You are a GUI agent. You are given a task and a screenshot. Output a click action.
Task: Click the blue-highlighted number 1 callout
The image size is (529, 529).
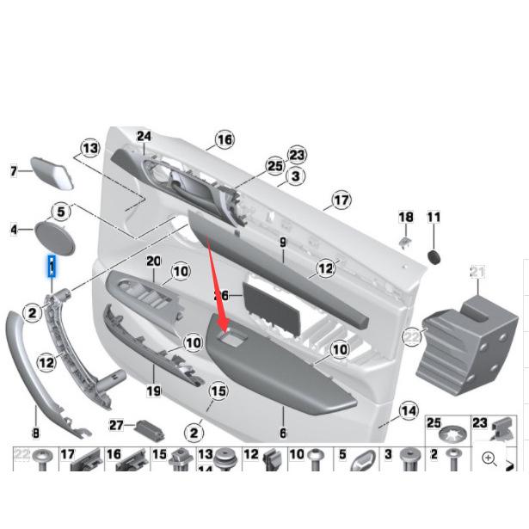[x=52, y=268]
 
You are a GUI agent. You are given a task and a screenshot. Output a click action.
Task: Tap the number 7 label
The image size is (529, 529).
[x=14, y=172]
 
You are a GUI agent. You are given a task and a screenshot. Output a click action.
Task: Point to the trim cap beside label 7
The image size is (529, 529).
[x=52, y=172]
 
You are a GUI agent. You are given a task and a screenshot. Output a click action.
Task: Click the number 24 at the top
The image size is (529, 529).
[x=144, y=136]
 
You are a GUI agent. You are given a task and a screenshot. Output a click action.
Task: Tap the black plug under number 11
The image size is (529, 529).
[x=434, y=256]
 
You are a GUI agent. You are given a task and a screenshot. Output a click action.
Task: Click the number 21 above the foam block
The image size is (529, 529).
[x=477, y=273]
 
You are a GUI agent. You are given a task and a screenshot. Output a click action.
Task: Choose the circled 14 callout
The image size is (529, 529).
[x=409, y=411]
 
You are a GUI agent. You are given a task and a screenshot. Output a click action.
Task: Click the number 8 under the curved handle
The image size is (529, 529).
[x=35, y=434]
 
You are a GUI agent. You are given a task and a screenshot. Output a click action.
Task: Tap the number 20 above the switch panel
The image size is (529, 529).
[x=154, y=261]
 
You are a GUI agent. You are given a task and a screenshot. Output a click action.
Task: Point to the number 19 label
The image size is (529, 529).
[x=155, y=390]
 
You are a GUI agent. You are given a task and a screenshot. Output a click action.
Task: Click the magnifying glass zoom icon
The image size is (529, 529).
[x=489, y=458]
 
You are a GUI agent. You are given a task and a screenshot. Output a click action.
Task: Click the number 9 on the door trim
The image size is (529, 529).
[x=282, y=243]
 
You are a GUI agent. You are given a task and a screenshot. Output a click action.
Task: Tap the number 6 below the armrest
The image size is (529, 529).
[x=282, y=434]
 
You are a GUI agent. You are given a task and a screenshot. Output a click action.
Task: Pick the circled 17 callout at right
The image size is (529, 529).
[x=341, y=200]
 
